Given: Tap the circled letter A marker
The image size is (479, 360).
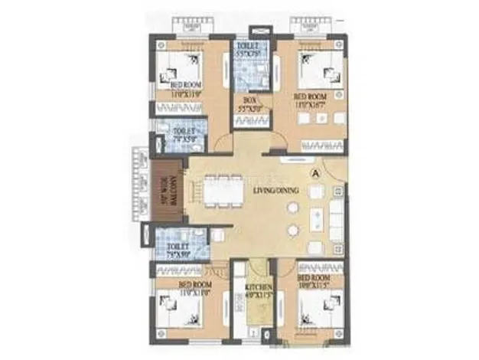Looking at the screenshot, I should pyautogui.click(x=314, y=173).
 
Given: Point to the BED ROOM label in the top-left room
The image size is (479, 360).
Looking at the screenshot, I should pyautogui.click(x=186, y=83).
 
